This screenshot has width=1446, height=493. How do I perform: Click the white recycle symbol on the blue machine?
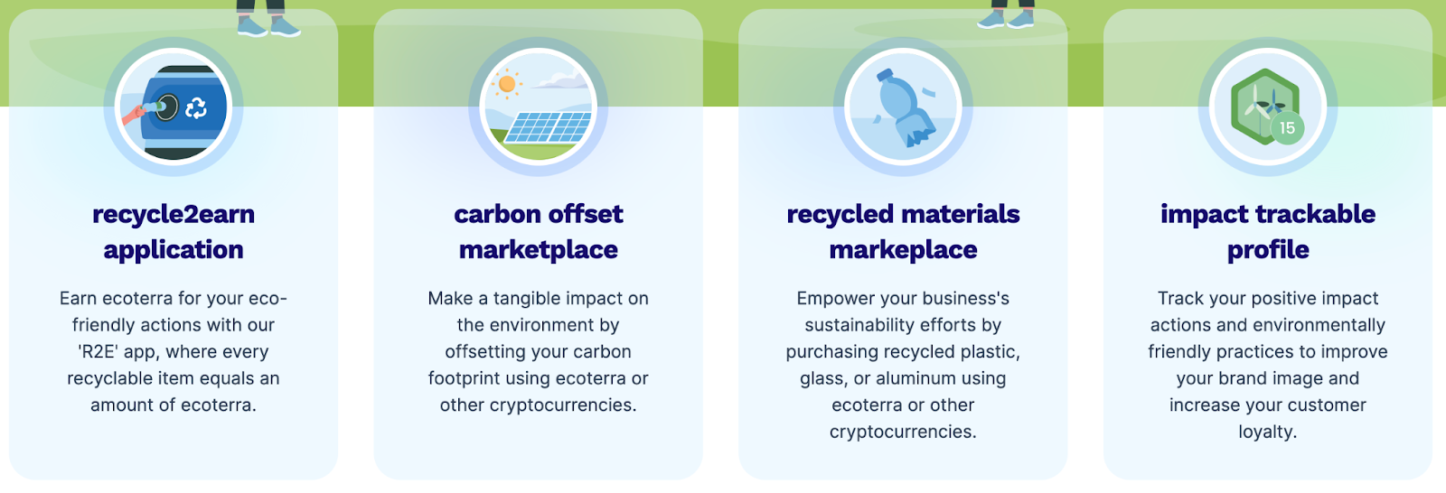[x=195, y=107]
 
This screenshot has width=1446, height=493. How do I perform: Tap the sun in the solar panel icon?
[x=507, y=84]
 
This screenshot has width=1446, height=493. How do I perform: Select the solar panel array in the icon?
[x=548, y=127]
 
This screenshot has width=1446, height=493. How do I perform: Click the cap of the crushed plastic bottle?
[x=884, y=76]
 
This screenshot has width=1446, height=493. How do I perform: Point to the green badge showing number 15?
[x=1287, y=128]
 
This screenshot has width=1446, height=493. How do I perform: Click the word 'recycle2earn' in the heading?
[x=174, y=215]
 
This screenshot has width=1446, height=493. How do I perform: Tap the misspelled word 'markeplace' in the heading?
[x=903, y=250]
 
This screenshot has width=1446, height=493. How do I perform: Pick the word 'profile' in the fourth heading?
[x=1268, y=250]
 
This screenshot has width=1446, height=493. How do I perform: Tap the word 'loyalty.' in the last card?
[x=1268, y=432]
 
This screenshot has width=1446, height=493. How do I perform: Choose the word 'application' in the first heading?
[x=174, y=250]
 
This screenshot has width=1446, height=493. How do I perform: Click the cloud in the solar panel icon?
[x=560, y=79]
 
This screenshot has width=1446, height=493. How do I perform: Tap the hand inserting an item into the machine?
[x=135, y=115]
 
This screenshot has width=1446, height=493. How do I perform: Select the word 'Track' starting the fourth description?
[x=1178, y=299]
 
